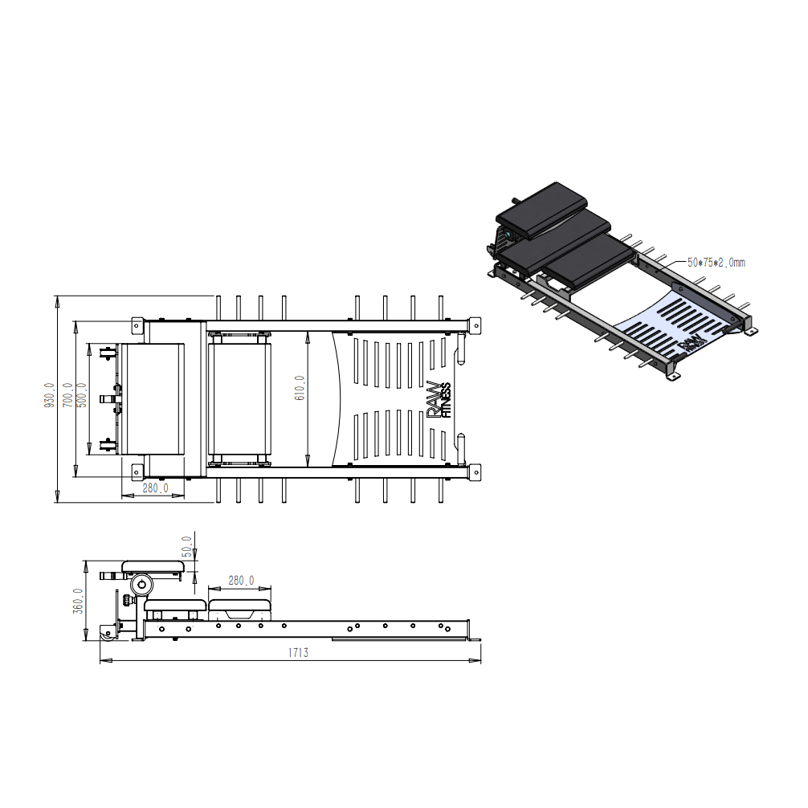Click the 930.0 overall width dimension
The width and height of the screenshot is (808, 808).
coord(50,395)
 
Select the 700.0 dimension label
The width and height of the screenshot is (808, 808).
coord(67,395)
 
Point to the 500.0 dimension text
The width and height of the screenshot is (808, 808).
coord(81,395)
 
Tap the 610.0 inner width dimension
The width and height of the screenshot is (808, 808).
coord(300,388)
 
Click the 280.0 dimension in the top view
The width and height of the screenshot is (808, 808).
coord(155,488)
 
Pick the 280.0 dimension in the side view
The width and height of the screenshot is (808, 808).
coord(241,581)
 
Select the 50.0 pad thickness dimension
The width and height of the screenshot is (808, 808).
coord(187,547)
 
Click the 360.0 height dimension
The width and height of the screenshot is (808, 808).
coord(77,601)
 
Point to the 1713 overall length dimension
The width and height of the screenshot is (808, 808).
coord(298,653)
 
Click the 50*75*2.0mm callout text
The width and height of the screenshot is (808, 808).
coord(716,263)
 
